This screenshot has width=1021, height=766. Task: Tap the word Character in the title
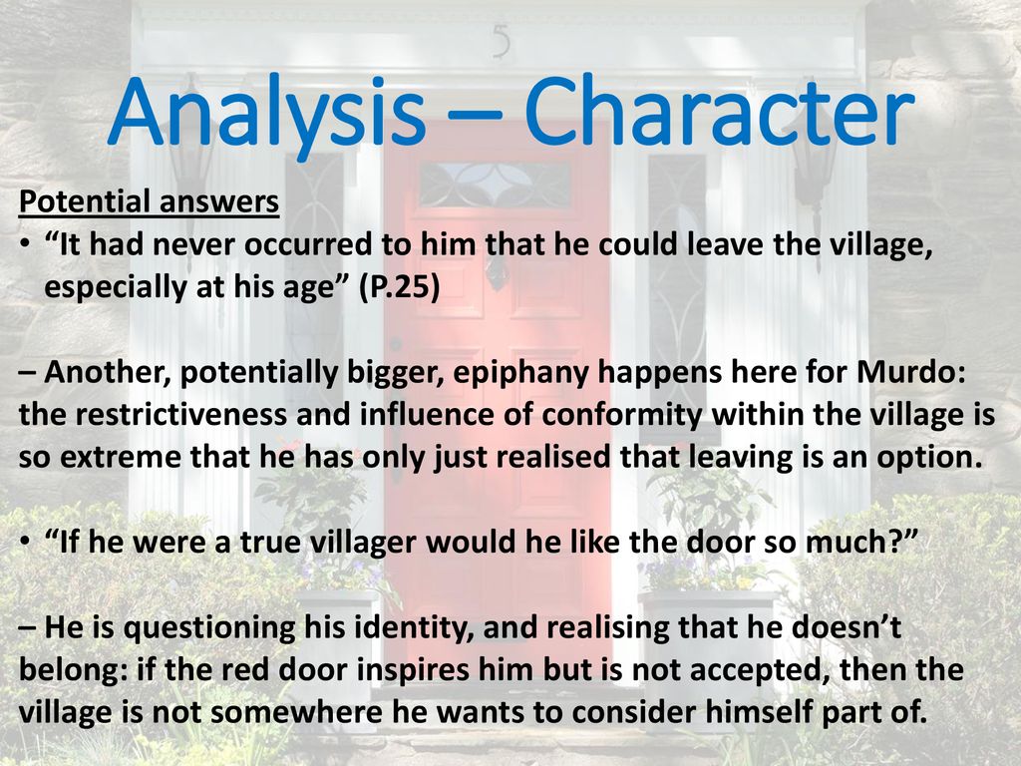pyautogui.click(x=720, y=111)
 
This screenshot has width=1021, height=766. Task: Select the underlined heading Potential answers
pyautogui.click(x=150, y=201)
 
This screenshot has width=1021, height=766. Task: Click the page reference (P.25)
pyautogui.click(x=399, y=286)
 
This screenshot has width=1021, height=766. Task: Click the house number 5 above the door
pyautogui.click(x=501, y=41)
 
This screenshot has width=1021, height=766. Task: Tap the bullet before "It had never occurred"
pyautogui.click(x=24, y=245)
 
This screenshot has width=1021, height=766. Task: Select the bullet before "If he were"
pyautogui.click(x=24, y=543)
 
